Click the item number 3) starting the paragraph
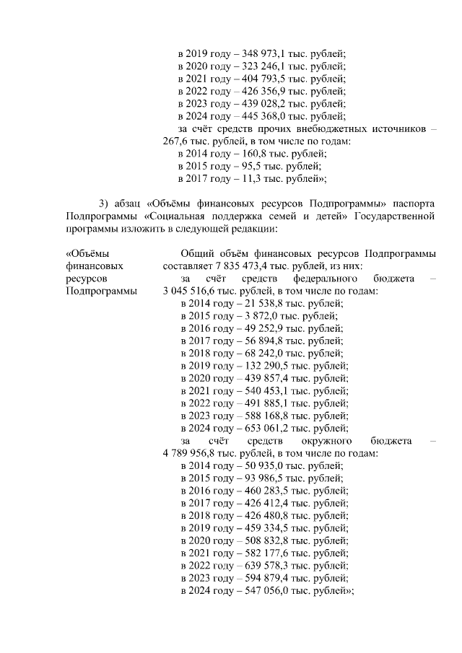tap(105, 202)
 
